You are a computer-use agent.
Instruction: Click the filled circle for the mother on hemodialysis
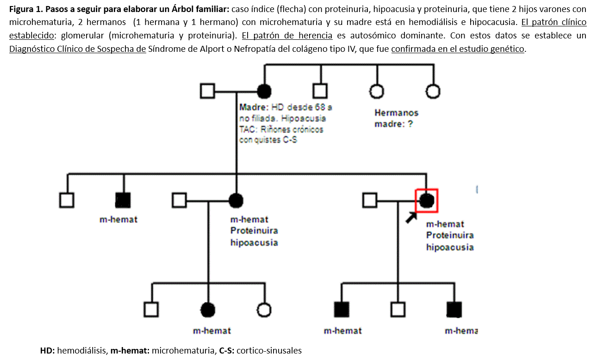[264, 91]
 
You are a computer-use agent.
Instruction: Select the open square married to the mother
[208, 91]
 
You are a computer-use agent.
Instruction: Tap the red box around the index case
[426, 200]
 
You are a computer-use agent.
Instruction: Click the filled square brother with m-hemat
[123, 200]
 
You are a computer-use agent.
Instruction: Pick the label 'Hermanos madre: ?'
[396, 118]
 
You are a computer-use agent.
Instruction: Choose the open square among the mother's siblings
[319, 91]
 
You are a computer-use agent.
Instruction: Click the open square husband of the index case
[369, 200]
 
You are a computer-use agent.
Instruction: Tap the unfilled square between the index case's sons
[398, 309]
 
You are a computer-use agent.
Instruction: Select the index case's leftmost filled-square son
[342, 309]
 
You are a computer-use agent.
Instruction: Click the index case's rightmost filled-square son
[454, 309]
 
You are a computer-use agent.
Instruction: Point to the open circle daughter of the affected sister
[264, 309]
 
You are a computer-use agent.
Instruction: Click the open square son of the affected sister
[151, 309]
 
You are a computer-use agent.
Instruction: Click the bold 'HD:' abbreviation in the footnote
[48, 350]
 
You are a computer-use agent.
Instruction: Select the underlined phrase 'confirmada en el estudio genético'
[458, 49]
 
